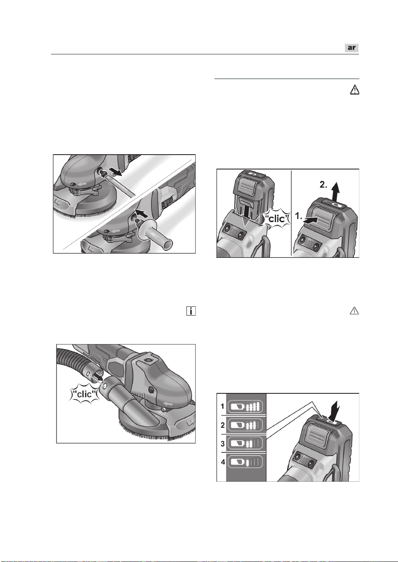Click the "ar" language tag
pos(351,48)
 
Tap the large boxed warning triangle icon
pos(354,90)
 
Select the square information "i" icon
pos(191,311)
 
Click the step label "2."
pos(323,185)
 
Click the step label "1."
pos(299,216)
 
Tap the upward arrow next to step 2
pos(335,191)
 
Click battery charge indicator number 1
pos(245,406)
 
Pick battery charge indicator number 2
pos(245,425)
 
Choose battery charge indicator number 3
pos(245,443)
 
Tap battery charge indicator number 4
pos(245,462)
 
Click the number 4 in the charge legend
pos(223,462)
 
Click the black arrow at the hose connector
pos(97,376)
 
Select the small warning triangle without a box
pos(354,311)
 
